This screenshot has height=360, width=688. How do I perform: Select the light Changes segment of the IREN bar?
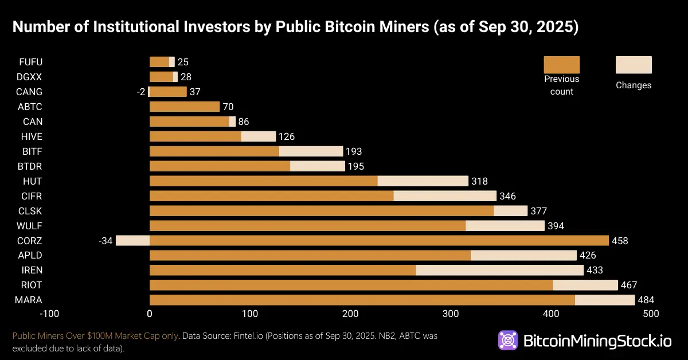(499, 270)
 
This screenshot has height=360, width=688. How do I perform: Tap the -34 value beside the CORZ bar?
(105, 241)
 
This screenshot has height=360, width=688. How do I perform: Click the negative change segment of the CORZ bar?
(132, 240)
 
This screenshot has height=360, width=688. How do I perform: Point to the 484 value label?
(646, 300)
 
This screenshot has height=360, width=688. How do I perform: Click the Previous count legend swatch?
(561, 65)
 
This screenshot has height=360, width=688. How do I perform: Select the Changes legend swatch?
(634, 65)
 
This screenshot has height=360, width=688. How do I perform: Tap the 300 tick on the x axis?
(451, 314)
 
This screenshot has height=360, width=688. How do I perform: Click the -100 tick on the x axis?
(49, 314)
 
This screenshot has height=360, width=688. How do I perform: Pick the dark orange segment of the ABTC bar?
(185, 107)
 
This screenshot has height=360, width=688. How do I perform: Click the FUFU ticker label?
(30, 62)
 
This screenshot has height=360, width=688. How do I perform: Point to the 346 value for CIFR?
(507, 196)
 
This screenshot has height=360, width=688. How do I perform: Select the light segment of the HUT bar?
(423, 181)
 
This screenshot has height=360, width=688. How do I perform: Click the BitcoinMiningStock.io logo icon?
(508, 341)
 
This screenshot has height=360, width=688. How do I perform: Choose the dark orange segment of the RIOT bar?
(351, 285)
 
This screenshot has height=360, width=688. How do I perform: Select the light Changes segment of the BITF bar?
(311, 151)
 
